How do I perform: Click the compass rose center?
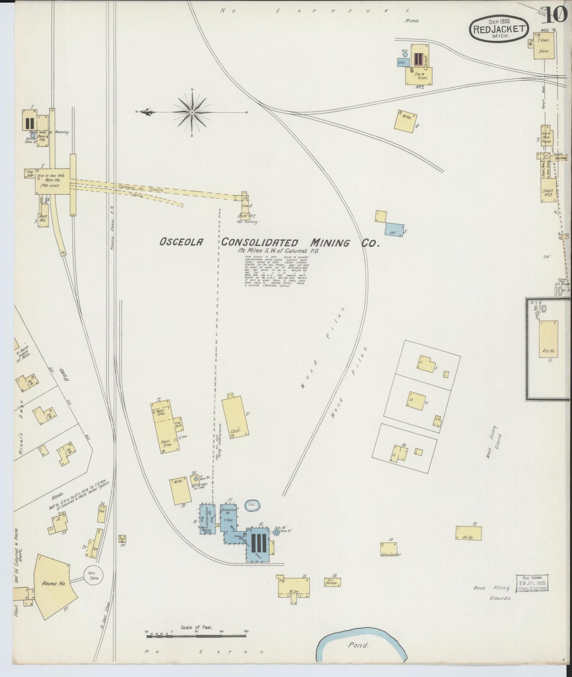point(192,112)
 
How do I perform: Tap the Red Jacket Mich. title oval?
point(500,30)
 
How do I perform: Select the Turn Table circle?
point(93,575)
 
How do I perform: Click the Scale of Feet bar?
point(196,637)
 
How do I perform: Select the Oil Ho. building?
point(469,534)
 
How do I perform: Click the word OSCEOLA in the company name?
point(182,242)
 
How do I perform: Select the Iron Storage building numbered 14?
point(332,582)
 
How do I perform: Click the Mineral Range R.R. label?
point(112,225)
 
